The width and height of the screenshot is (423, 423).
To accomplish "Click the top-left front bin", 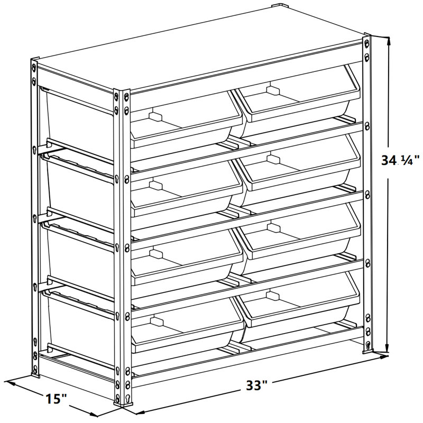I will click(185, 122).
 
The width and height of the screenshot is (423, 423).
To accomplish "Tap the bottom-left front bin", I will click(185, 325).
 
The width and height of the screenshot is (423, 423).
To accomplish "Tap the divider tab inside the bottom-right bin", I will click(273, 295).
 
